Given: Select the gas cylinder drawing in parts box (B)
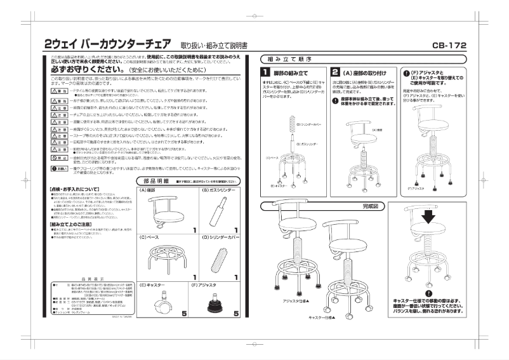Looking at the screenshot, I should [218, 210].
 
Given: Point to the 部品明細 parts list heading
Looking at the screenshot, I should [156, 182].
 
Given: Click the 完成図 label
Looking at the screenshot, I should [369, 206].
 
